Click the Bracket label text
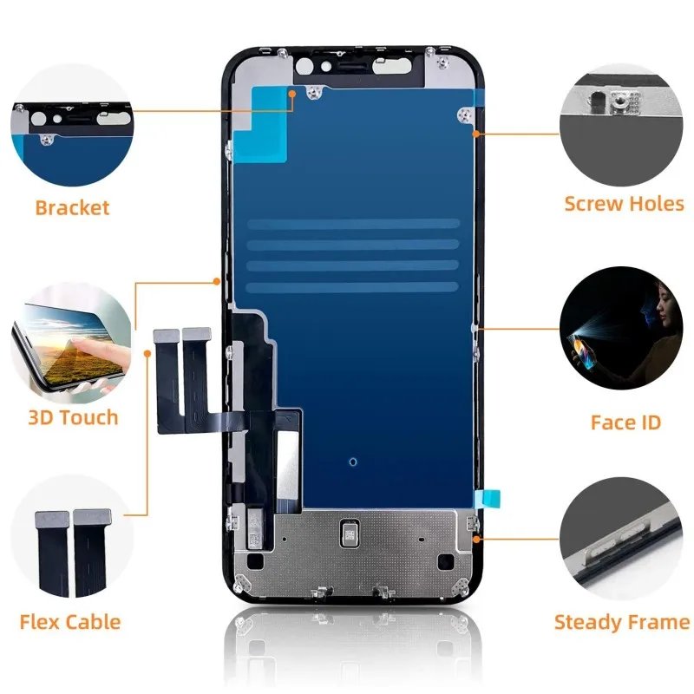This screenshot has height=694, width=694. coord(73,208)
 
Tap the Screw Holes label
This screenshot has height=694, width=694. coord(624,205)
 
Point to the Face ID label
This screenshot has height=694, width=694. coord(625,422)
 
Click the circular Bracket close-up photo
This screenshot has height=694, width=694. coord(73,125)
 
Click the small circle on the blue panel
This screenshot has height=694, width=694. coord(351,462)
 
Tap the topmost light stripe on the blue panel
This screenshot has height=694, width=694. coord(352,225)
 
